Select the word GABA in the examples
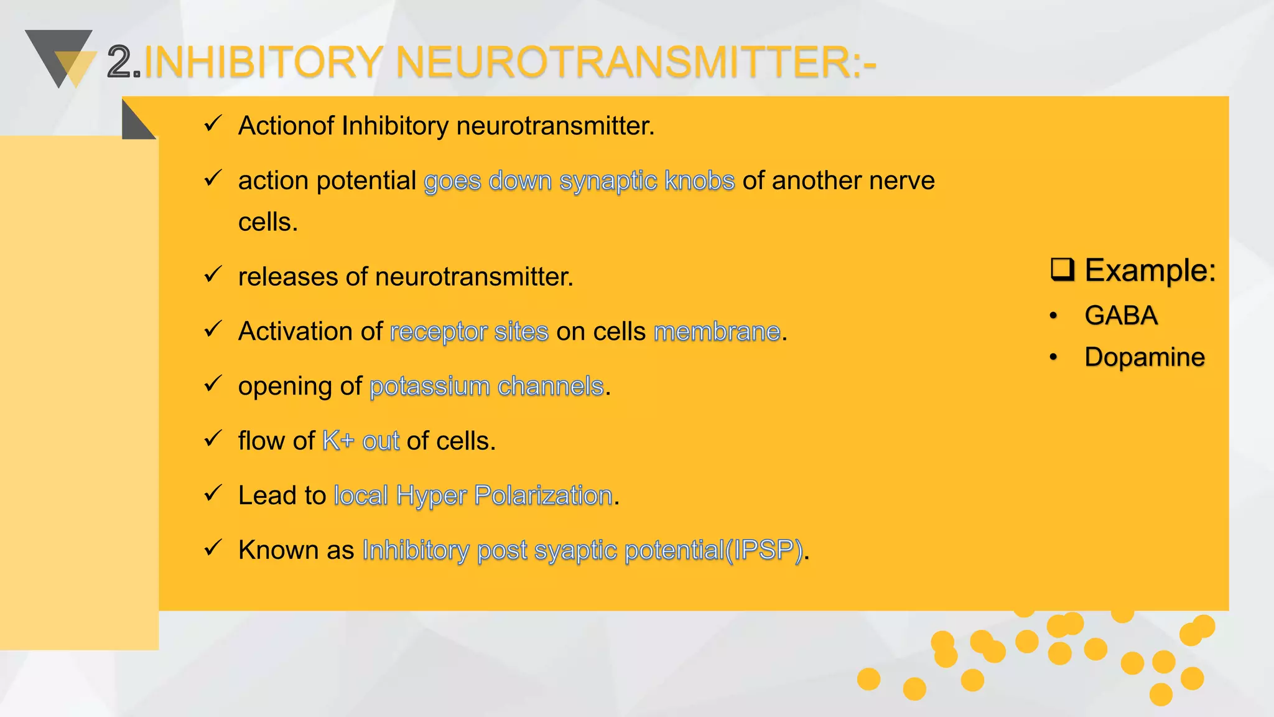tap(1121, 316)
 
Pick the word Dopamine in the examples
tap(1145, 357)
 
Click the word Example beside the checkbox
tap(1150, 270)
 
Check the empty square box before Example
tap(1062, 269)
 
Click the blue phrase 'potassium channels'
tap(486, 387)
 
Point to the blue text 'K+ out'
tap(361, 441)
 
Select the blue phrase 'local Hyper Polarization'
tap(473, 496)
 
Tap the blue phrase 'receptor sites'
tap(469, 332)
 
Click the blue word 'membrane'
tap(717, 332)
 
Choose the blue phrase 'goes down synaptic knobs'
tap(579, 181)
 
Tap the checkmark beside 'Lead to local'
tap(213, 494)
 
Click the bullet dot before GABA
tap(1053, 316)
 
